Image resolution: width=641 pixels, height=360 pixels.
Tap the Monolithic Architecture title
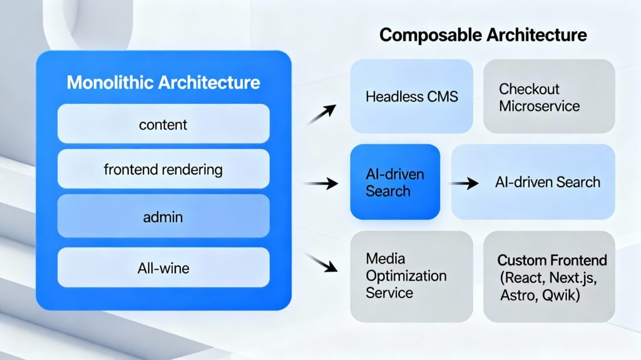[x=163, y=82]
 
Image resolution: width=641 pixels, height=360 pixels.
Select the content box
[x=163, y=124]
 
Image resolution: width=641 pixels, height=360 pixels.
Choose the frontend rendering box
[x=163, y=169]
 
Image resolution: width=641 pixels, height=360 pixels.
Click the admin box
[x=163, y=217]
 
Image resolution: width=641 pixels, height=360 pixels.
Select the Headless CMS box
[x=411, y=96]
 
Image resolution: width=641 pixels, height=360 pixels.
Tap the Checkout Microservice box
[x=549, y=96]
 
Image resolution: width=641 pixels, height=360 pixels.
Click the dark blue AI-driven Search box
[x=395, y=182]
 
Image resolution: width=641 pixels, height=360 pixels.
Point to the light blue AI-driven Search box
[x=533, y=182]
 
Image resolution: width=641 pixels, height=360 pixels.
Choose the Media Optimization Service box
[x=411, y=276]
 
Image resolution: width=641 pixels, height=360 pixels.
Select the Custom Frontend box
[x=549, y=276]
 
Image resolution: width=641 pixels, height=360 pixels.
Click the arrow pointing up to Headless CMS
[x=321, y=115]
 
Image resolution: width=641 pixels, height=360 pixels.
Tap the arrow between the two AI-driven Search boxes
[x=462, y=184]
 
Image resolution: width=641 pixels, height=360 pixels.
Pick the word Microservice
[x=539, y=106]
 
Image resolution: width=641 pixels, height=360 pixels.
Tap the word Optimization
[x=406, y=276]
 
